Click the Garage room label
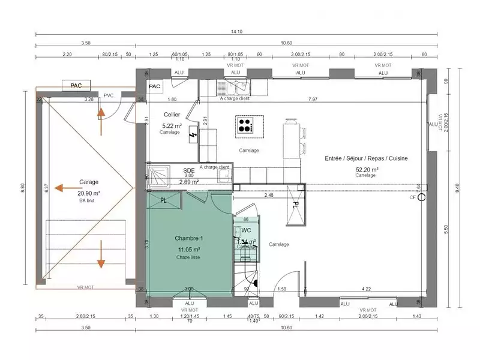(89, 182)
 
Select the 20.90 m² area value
(89, 193)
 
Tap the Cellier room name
(172, 114)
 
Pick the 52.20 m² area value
(366, 169)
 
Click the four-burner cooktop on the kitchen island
(245, 125)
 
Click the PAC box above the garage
(76, 86)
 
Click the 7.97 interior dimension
(313, 98)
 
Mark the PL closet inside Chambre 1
(163, 200)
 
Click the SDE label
(188, 170)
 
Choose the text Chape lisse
(188, 257)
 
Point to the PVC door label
(109, 95)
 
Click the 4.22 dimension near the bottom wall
(366, 289)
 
